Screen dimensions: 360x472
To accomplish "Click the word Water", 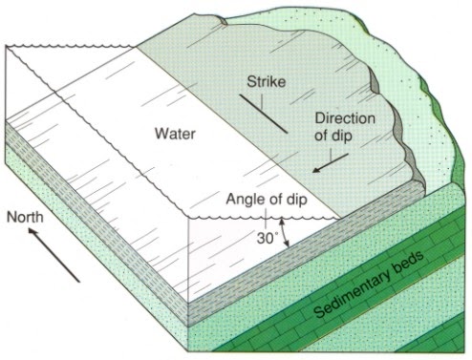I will (x=175, y=133).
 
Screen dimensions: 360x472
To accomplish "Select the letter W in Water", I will (x=159, y=133).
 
